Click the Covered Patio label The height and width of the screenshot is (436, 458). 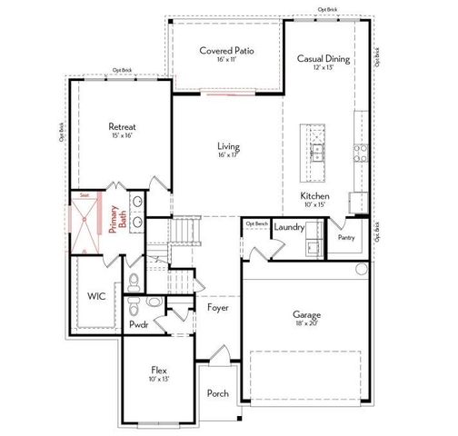tap(226, 51)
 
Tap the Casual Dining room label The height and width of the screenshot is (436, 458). tap(324, 59)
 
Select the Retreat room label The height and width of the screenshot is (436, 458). tap(122, 126)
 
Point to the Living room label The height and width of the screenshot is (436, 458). tap(227, 146)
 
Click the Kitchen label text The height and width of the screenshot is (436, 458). tap(314, 196)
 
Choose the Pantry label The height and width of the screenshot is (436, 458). tap(346, 237)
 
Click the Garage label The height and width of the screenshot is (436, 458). tap(306, 314)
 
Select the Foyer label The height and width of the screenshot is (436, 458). tap(218, 308)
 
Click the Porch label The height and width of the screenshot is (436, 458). tap(218, 392)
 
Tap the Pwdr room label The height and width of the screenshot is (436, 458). tap(139, 323)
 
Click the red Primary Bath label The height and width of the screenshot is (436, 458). tap(114, 219)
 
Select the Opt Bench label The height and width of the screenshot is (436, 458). tap(255, 223)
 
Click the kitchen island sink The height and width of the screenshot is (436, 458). tap(317, 151)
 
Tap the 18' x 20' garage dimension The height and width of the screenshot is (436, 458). tap(306, 323)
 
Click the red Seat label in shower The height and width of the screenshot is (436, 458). tap(84, 194)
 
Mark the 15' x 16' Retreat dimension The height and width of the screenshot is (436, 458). tap(122, 135)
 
